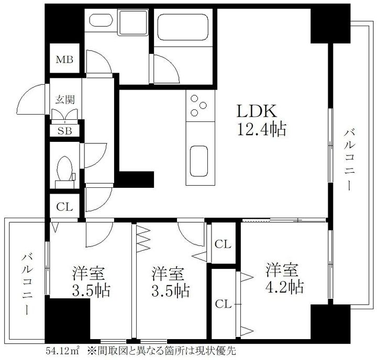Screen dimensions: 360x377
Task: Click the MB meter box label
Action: coord(64,59)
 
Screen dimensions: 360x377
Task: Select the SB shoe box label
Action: coord(64,131)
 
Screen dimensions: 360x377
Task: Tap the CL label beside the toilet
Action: coord(64,207)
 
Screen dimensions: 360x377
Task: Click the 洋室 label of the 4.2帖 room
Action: coord(281,270)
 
